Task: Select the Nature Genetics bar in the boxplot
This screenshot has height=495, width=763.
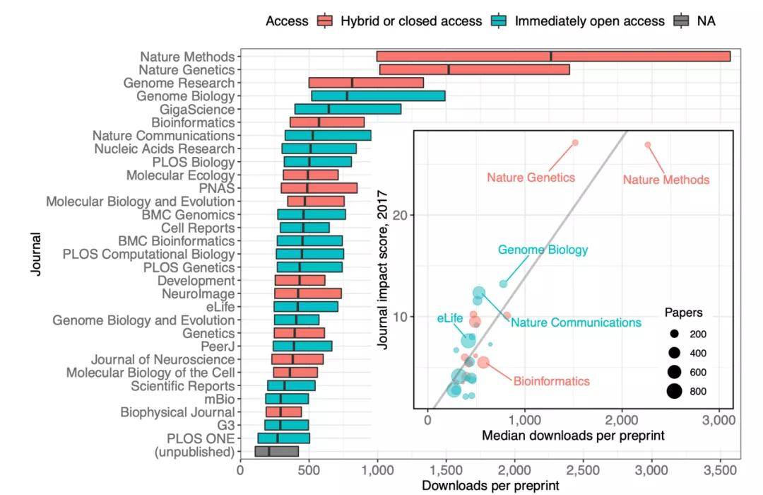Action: tap(474, 69)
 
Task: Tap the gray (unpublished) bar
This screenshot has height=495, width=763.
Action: tap(276, 451)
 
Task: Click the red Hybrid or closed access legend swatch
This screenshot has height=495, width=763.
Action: tap(325, 21)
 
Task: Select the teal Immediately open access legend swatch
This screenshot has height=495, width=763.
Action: tap(499, 21)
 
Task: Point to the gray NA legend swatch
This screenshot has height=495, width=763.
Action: tap(682, 21)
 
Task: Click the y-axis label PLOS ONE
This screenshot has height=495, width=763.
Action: tap(201, 438)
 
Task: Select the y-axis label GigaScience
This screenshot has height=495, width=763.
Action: tap(197, 110)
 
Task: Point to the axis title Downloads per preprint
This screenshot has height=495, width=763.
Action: tap(490, 486)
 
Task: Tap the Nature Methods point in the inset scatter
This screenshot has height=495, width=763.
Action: tap(648, 145)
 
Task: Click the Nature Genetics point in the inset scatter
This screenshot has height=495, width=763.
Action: tap(575, 143)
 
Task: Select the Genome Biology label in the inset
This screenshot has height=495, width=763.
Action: tap(543, 250)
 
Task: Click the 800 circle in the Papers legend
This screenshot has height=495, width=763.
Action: tap(675, 390)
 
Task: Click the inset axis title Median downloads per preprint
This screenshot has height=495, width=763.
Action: tap(572, 436)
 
